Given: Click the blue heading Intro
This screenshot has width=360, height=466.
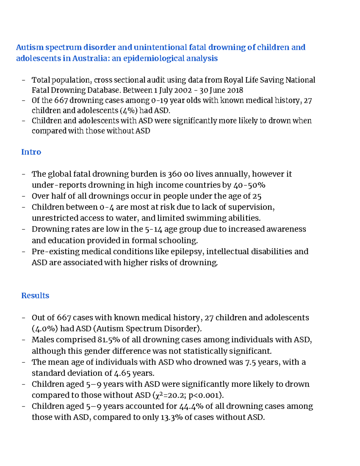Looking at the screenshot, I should (x=31, y=152).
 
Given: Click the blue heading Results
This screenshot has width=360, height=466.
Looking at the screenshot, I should (x=35, y=296).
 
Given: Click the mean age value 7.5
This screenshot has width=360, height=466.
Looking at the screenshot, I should (x=250, y=362).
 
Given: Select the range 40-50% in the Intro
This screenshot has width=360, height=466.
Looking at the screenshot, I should (x=249, y=185).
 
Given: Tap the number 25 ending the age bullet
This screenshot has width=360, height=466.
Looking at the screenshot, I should (x=257, y=196).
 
